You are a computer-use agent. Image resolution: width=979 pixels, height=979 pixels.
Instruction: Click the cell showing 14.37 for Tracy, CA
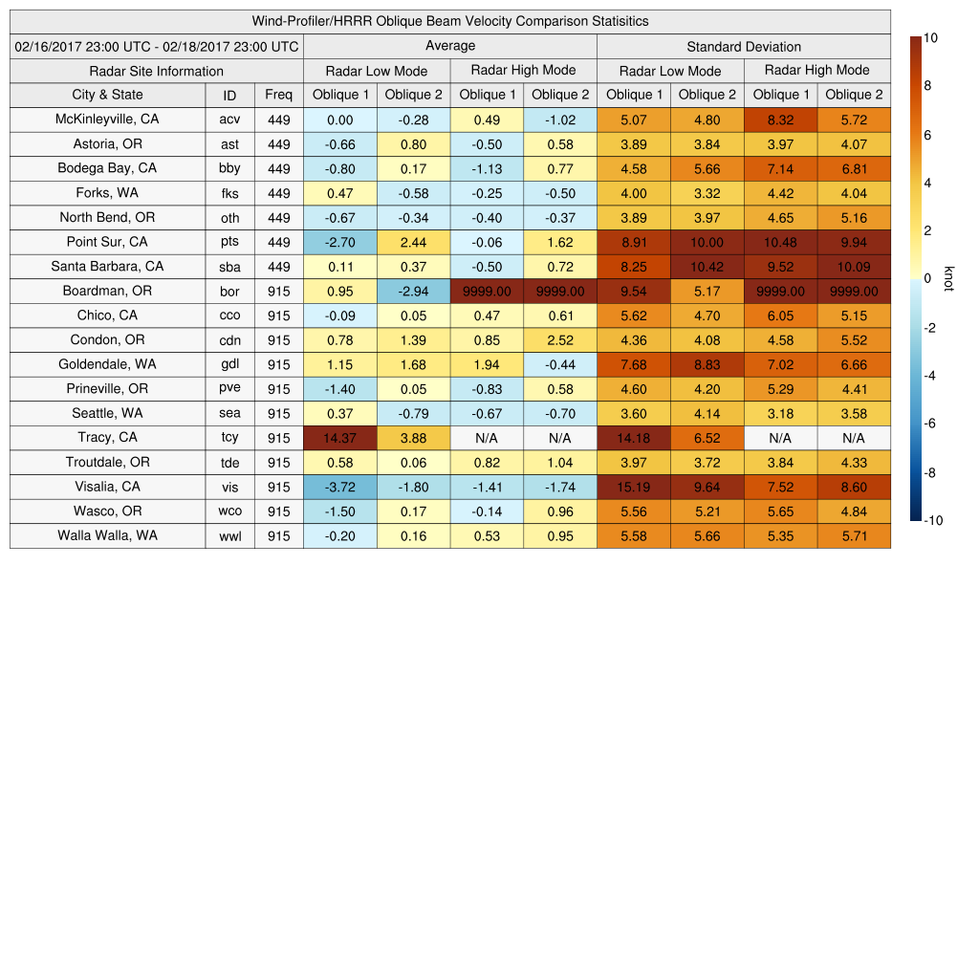tap(339, 438)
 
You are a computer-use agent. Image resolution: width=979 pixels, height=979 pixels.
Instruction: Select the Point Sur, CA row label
tap(107, 242)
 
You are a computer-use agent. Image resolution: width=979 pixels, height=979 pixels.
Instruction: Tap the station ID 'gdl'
tap(229, 364)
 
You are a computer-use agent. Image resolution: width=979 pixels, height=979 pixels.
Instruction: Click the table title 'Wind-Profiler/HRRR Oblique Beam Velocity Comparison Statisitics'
tap(449, 21)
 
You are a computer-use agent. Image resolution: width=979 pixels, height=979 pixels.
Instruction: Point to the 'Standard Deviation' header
tap(744, 47)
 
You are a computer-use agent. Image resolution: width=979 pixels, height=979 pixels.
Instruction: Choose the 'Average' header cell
tap(449, 46)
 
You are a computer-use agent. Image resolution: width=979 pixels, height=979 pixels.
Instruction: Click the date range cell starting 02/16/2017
tap(157, 46)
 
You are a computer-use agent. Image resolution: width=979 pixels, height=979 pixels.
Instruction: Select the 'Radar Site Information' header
tap(156, 71)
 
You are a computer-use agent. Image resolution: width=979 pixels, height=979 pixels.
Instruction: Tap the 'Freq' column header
tap(278, 95)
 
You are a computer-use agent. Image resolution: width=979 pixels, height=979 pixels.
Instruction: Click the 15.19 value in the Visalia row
tap(634, 487)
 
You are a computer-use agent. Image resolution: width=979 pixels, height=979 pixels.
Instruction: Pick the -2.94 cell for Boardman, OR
tap(413, 291)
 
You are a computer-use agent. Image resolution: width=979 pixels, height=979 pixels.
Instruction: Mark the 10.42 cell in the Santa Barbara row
tap(707, 267)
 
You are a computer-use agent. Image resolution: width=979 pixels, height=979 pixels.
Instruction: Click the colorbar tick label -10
tap(933, 520)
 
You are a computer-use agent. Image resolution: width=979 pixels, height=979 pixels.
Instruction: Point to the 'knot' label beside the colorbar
tap(948, 278)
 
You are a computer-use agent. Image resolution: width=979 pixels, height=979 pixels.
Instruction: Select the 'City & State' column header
tap(107, 95)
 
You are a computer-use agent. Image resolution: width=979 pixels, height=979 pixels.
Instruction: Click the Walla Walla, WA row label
tap(107, 535)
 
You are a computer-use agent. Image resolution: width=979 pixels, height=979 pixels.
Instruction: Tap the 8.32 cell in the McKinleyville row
tap(780, 120)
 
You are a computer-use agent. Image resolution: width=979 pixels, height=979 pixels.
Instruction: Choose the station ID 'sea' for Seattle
tap(229, 414)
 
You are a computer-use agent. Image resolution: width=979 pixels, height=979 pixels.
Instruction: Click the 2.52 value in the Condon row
tap(560, 340)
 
